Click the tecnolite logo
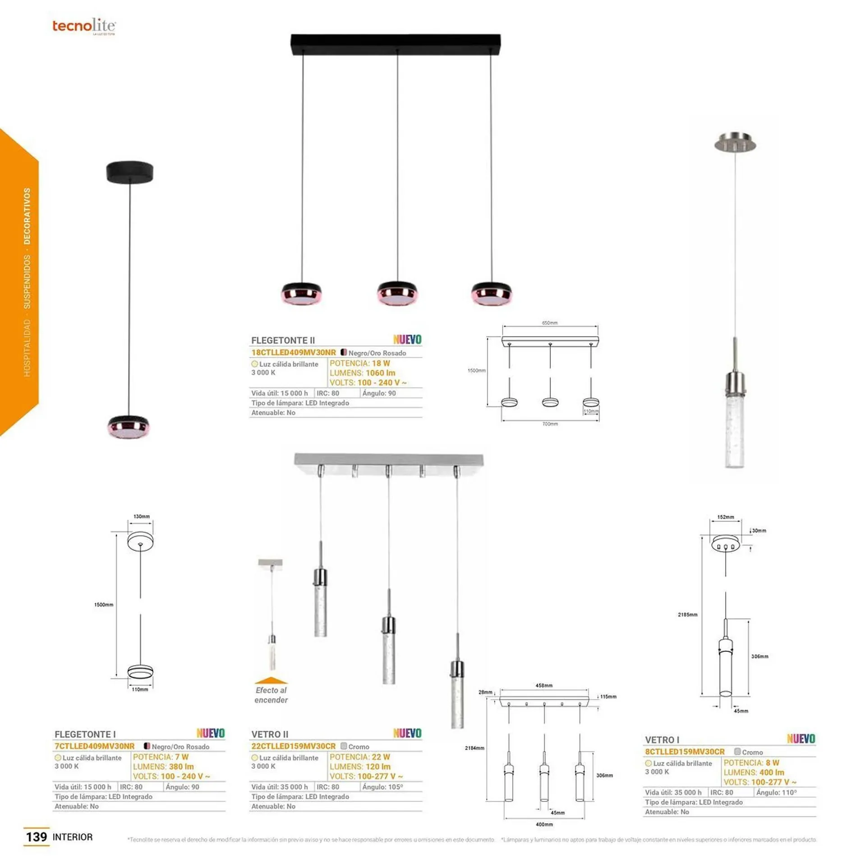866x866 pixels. tap(84, 26)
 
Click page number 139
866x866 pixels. tap(37, 837)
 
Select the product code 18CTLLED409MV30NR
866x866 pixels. tap(294, 352)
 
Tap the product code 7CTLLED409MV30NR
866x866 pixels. tap(95, 746)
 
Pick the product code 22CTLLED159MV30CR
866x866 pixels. tap(294, 746)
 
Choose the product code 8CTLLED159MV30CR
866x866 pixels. tap(685, 751)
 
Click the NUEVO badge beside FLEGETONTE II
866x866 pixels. tap(407, 340)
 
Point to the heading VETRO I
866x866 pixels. tap(662, 740)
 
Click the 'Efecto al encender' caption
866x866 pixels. tap(271, 695)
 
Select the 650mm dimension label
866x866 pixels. tap(549, 323)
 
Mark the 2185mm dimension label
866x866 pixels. tap(687, 615)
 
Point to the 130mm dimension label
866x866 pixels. tap(141, 516)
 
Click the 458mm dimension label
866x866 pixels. tap(544, 686)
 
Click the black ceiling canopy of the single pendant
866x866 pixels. tap(130, 172)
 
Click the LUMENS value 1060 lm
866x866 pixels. tap(380, 373)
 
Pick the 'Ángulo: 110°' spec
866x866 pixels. tap(776, 792)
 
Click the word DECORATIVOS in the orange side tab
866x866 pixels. tap(28, 216)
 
